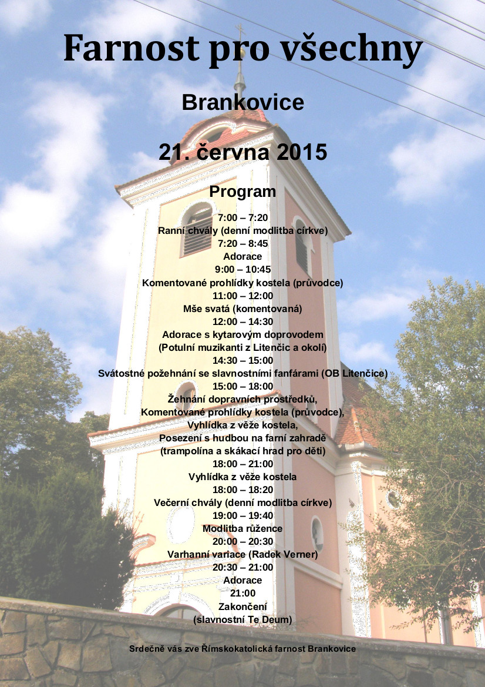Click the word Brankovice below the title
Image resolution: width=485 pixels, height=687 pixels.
pos(242,102)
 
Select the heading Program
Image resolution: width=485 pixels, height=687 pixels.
pos(242,192)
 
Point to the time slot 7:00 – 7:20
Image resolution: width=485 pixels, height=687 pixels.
pos(242,218)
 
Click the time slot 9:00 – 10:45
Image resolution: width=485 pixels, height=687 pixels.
pos(242,270)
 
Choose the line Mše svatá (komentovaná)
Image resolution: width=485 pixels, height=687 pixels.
pos(242,309)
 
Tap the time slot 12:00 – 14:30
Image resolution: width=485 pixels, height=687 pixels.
pos(242,321)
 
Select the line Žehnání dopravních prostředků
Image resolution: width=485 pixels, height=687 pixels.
pos(242,399)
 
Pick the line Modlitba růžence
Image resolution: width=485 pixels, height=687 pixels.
pos(242,528)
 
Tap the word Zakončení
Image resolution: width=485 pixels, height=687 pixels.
pos(242,606)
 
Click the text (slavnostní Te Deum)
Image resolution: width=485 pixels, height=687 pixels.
pos(242,619)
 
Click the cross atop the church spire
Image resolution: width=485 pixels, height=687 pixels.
pos(240,29)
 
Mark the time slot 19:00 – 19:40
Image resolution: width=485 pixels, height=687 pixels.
pos(242,515)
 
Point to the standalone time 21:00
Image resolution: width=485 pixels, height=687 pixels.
pos(242,593)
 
